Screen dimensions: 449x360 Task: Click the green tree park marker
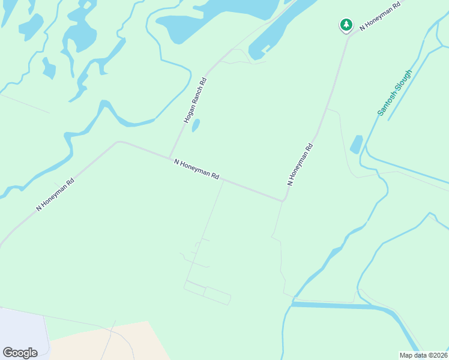coord(346,25)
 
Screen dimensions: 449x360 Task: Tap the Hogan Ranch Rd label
coord(195,101)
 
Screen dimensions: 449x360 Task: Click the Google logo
coord(20,353)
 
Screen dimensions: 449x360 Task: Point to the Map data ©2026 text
coord(424,355)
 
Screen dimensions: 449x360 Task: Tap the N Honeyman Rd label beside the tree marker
coord(379,17)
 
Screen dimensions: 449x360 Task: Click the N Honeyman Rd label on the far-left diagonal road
coord(55,194)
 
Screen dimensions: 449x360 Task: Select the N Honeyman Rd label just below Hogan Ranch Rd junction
coord(196,169)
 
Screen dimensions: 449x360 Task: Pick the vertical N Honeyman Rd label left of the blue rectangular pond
coord(300,164)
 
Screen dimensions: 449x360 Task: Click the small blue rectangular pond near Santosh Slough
coord(357,144)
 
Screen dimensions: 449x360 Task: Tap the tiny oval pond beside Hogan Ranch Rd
coord(196,126)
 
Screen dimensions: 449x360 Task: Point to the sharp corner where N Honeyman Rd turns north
coord(282,200)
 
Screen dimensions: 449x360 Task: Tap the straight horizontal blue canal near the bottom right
coord(336,305)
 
